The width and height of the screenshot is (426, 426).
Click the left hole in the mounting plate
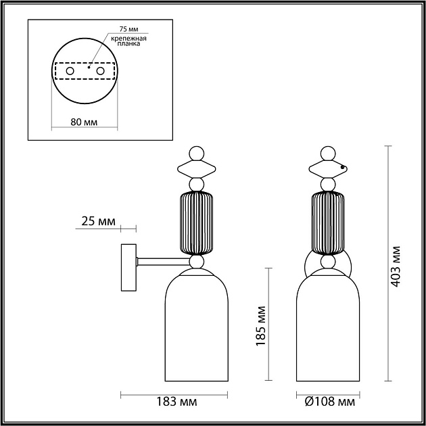point(70,70)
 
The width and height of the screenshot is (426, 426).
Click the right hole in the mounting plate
point(100,70)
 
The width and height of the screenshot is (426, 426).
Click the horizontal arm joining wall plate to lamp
point(160,260)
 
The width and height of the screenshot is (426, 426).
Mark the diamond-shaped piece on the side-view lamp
point(196,169)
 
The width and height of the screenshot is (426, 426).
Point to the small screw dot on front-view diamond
point(343,168)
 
